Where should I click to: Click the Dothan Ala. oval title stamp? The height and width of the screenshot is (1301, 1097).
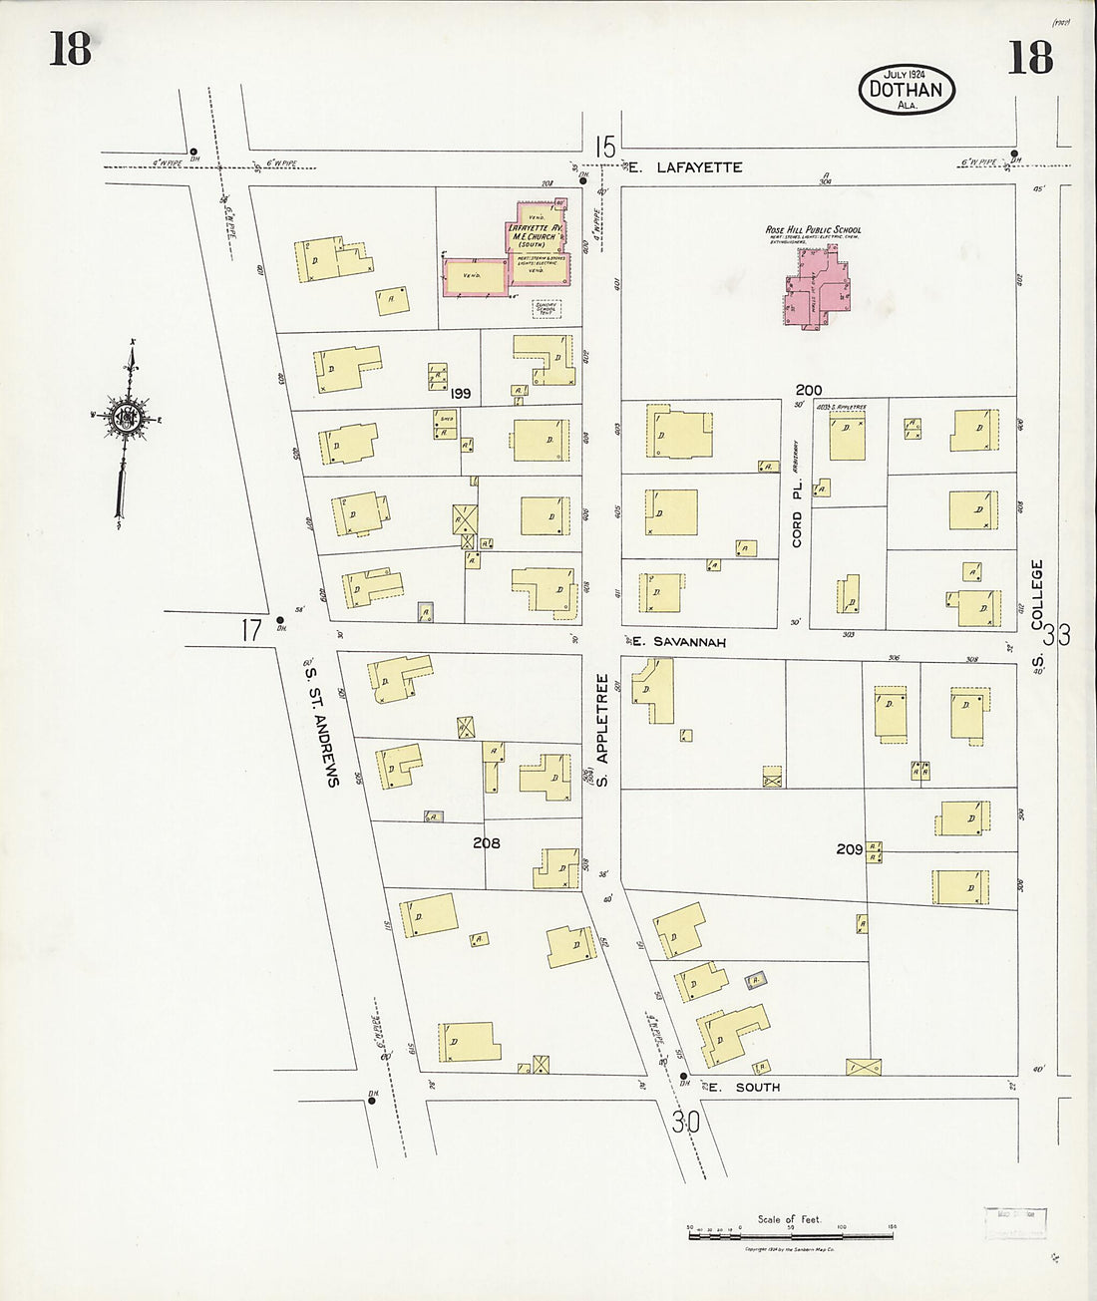click(x=907, y=90)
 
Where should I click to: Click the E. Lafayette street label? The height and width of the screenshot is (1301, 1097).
click(x=699, y=167)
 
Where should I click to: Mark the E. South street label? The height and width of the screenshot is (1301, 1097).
click(x=744, y=1087)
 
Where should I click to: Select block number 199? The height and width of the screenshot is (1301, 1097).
click(x=460, y=394)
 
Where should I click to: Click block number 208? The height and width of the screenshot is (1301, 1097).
click(x=487, y=843)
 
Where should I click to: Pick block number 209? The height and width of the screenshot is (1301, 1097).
click(x=849, y=849)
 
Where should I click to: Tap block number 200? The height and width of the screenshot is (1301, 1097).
click(x=809, y=390)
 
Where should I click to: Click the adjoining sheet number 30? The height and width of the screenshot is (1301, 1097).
click(x=685, y=1123)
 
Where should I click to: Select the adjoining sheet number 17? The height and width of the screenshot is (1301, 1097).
click(x=250, y=629)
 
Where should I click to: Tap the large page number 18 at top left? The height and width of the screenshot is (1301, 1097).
click(x=70, y=49)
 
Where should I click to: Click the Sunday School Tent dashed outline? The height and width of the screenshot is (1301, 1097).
click(x=547, y=309)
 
